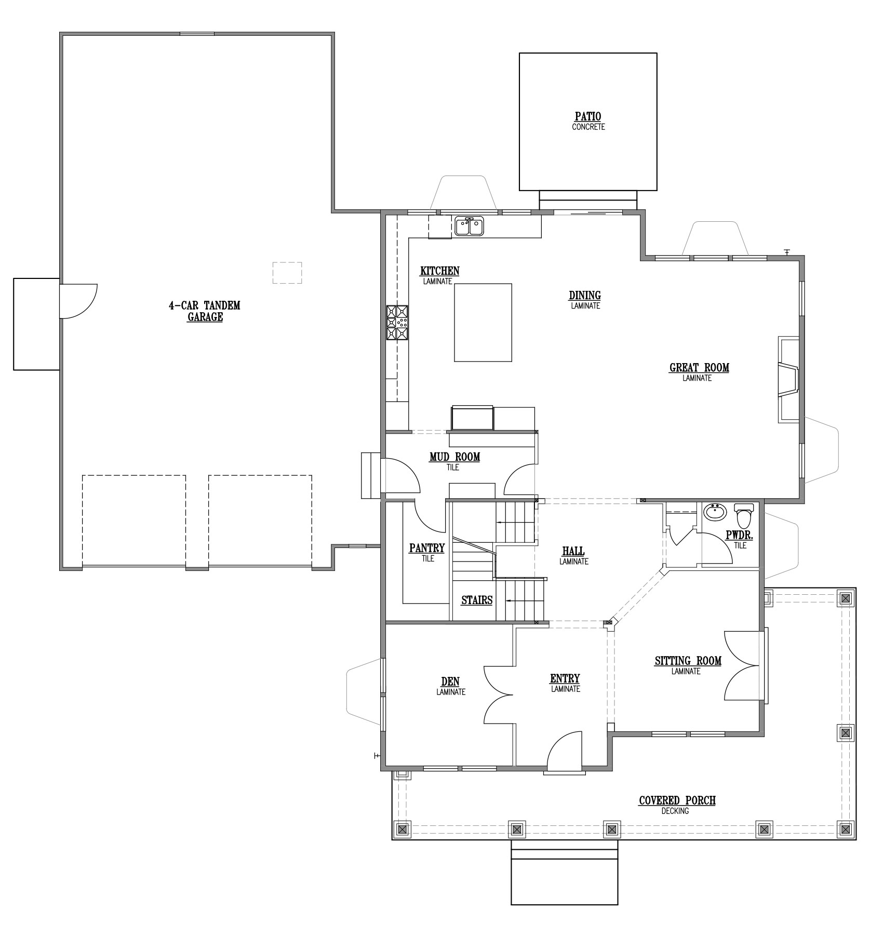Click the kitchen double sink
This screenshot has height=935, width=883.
(x=470, y=226)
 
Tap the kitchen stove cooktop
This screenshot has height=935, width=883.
(x=397, y=323)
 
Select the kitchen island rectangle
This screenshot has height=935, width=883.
(x=483, y=322)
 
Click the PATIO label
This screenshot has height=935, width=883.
(x=588, y=117)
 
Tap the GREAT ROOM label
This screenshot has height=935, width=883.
(x=699, y=368)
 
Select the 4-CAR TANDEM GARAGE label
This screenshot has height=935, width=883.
(x=205, y=311)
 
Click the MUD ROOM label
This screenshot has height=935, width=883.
(x=454, y=457)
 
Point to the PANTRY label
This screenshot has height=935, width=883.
(x=427, y=548)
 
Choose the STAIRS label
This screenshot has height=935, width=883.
(x=477, y=600)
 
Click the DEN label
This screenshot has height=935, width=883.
(x=450, y=682)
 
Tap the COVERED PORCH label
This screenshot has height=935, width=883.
(x=677, y=800)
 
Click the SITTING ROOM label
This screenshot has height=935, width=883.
(x=688, y=661)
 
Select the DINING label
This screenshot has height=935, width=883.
(x=585, y=296)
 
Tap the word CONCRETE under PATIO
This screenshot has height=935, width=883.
(x=588, y=127)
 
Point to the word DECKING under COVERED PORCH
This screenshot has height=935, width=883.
(x=675, y=811)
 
